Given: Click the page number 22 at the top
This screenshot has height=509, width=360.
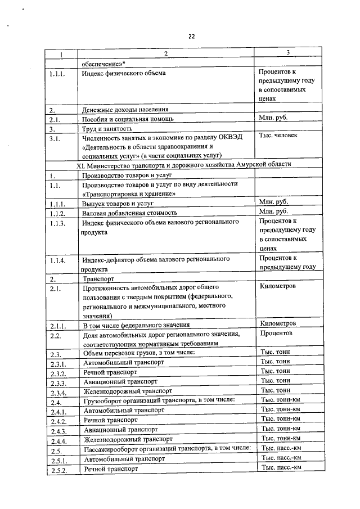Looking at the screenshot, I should (x=191, y=36).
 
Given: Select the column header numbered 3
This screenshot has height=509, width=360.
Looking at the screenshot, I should (x=287, y=53).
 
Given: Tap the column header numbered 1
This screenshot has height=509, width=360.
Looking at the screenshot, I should (x=61, y=55).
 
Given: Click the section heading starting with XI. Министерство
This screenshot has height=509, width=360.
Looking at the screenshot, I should (x=184, y=164).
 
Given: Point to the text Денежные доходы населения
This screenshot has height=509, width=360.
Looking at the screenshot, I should (x=125, y=109).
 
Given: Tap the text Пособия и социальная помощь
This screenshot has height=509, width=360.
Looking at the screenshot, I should (x=128, y=119).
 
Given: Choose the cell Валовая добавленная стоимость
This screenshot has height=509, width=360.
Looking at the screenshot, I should (x=129, y=213).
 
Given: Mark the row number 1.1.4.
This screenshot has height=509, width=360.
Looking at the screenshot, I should (x=57, y=261).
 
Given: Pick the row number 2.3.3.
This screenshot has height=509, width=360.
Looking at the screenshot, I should (x=58, y=382).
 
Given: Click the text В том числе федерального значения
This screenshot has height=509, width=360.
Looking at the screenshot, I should (x=135, y=325).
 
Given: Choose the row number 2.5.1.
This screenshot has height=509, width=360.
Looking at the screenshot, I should (x=58, y=460).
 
